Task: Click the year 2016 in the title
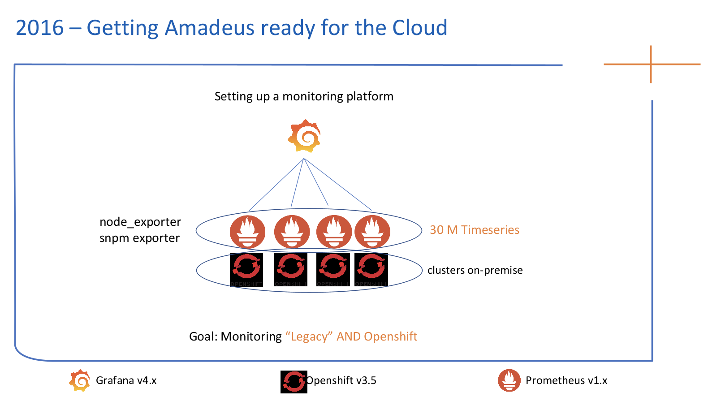click(x=40, y=28)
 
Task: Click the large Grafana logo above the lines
click(x=304, y=136)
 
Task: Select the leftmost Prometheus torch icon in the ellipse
click(x=247, y=232)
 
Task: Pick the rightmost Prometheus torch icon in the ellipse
click(x=372, y=232)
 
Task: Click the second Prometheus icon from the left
click(x=292, y=232)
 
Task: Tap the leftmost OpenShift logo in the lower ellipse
click(x=246, y=269)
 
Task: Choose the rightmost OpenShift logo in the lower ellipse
click(x=371, y=269)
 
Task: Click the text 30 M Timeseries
click(x=474, y=230)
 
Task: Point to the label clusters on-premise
click(x=475, y=270)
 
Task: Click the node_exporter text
click(x=140, y=222)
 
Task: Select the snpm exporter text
click(x=139, y=238)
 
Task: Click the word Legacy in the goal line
click(x=309, y=337)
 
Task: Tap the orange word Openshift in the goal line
click(x=390, y=337)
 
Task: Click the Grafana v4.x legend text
click(x=126, y=380)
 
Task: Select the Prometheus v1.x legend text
click(x=566, y=380)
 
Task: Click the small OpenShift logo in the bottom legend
click(x=294, y=382)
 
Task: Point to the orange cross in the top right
click(x=651, y=65)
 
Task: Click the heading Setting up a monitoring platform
click(x=304, y=96)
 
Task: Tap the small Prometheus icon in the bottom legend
click(x=509, y=380)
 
